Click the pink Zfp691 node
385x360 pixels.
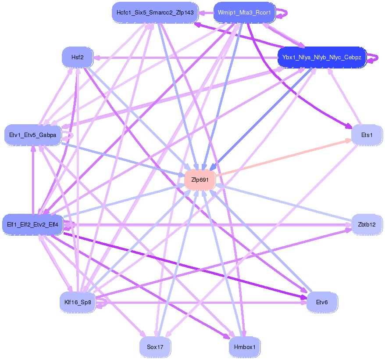pyautogui.click(x=200, y=180)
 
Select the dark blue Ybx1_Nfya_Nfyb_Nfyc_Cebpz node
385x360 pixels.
pyautogui.click(x=322, y=58)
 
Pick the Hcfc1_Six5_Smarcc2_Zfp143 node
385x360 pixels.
pyautogui.click(x=155, y=12)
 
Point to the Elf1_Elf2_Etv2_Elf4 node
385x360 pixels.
pyautogui.click(x=32, y=225)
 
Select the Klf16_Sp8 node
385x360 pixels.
pyautogui.click(x=77, y=302)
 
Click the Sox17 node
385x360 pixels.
pyautogui.click(x=155, y=347)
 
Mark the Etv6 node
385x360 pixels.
pyautogui.click(x=322, y=302)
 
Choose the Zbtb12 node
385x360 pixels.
pyautogui.click(x=367, y=225)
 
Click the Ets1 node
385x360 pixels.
pyautogui.click(x=367, y=135)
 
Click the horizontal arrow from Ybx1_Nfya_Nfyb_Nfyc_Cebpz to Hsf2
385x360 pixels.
pyautogui.click(x=184, y=58)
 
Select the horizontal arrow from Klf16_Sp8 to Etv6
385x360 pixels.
pyautogui.click(x=202, y=302)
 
